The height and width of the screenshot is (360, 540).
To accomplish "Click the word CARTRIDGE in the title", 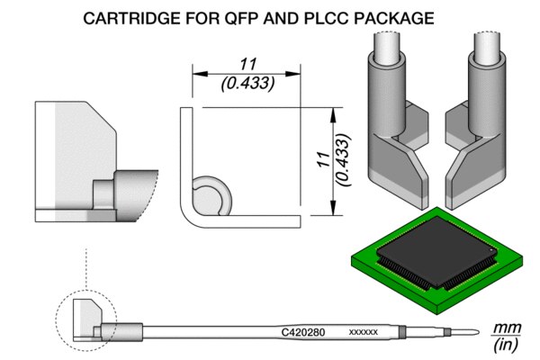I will click(x=152, y=17).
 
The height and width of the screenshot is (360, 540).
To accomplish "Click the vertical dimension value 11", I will click(x=321, y=162).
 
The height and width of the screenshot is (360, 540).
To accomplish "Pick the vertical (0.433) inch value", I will click(x=341, y=162).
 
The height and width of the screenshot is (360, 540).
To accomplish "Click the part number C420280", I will click(x=302, y=332).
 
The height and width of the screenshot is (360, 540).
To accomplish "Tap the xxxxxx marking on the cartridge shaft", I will click(x=363, y=333).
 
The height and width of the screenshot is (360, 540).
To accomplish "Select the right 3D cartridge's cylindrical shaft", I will click(x=490, y=63).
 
